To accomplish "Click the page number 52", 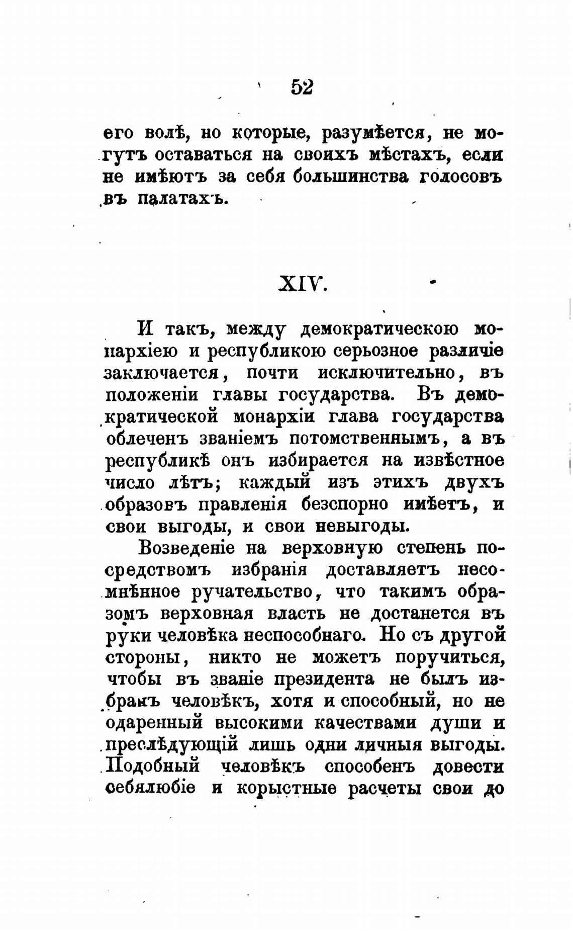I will (x=302, y=88).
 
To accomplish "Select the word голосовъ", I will (x=460, y=178).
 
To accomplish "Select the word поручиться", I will (x=449, y=657).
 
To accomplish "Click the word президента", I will (x=325, y=680).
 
